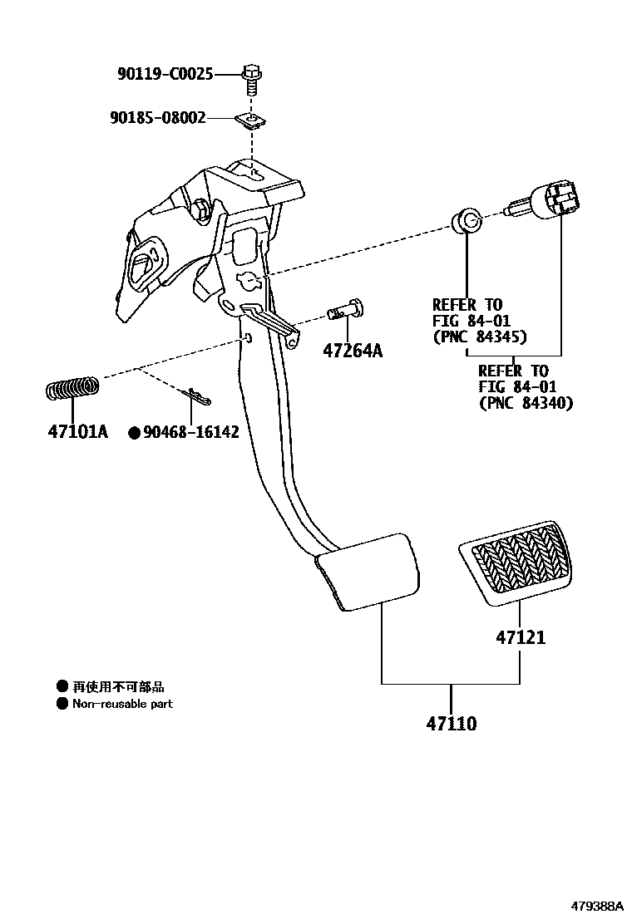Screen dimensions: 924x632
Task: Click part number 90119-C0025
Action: pos(165,75)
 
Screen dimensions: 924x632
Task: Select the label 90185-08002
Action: pos(157,118)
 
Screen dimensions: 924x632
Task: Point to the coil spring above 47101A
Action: pos(72,388)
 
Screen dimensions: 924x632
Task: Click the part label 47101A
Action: pos(77,432)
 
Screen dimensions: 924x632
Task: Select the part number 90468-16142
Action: pos(191,432)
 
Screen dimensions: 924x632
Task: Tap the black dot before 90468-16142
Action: pos(133,432)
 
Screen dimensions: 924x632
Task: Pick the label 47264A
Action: pos(353,351)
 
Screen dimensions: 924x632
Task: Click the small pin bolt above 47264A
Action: pos(346,311)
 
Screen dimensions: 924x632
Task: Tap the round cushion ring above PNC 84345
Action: pos(467,221)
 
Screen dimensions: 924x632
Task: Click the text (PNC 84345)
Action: pos(480,337)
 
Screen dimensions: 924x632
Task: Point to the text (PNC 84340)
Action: pos(526,403)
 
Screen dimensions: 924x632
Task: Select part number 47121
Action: pos(521,637)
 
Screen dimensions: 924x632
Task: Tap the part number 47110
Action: pos(452,724)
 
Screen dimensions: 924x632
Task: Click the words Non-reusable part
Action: pos(122,704)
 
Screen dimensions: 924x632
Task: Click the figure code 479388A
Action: pos(596,906)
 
